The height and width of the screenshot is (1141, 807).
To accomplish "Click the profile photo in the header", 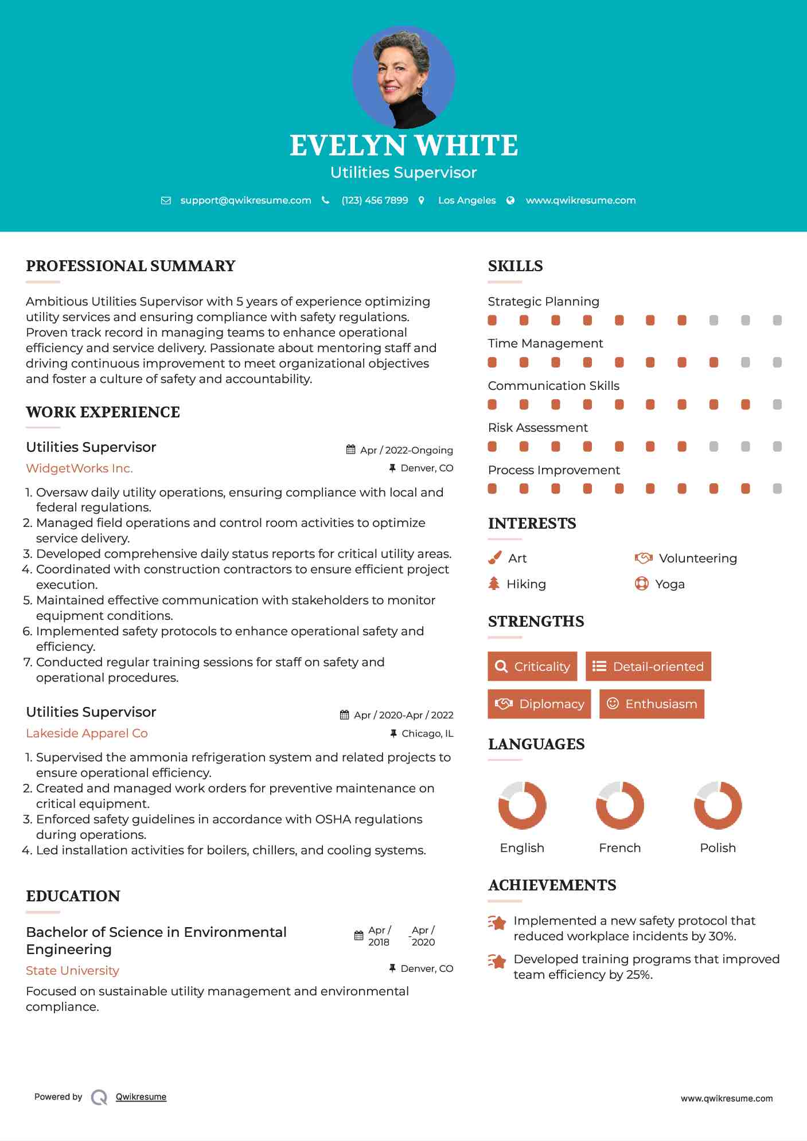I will tap(403, 77).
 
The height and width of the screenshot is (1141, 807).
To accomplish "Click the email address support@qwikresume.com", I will tap(245, 200).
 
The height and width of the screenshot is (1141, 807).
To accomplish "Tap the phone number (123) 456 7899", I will tap(375, 200).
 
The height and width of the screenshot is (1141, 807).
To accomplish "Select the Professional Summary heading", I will tap(131, 266).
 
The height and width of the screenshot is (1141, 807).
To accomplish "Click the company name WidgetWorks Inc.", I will tap(79, 468).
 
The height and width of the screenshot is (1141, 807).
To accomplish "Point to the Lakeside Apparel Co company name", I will tap(87, 733).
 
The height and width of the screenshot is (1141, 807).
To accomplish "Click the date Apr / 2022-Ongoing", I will tap(406, 450).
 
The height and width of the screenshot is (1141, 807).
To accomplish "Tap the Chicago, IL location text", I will tap(427, 733).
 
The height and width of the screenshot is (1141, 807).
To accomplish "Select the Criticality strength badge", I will tap(532, 666).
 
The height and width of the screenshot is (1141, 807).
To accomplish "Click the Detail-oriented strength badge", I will tap(648, 666).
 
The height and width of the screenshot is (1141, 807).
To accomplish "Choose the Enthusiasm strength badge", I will tap(652, 704).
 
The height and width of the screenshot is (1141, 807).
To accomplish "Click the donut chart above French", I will tap(619, 805).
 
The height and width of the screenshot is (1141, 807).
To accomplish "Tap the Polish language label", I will tap(718, 847).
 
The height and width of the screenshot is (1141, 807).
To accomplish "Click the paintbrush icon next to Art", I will tap(494, 558).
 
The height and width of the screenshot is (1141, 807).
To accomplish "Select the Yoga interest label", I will tap(670, 584).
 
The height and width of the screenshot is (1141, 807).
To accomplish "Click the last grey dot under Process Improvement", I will tap(777, 489).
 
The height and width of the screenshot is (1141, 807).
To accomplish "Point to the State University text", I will tap(72, 970).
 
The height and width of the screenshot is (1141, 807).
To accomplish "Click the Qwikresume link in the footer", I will tap(141, 1097).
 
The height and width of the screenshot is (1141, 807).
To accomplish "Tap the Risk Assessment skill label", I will tap(537, 427).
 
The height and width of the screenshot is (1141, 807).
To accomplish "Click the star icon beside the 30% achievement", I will tap(497, 923).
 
